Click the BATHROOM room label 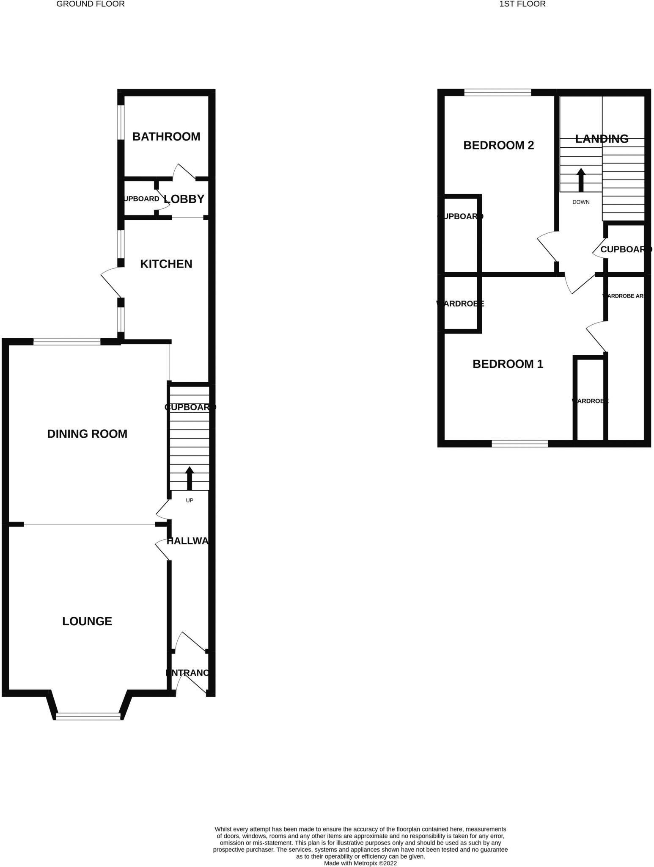pyautogui.click(x=166, y=137)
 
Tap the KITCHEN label pyautogui.click(x=166, y=264)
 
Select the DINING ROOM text pyautogui.click(x=87, y=434)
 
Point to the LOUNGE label pyautogui.click(x=87, y=621)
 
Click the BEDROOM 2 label pyautogui.click(x=498, y=146)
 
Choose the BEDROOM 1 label pyautogui.click(x=508, y=364)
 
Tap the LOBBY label pyautogui.click(x=184, y=199)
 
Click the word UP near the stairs pyautogui.click(x=190, y=500)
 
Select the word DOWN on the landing pyautogui.click(x=581, y=202)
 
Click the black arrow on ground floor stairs pyautogui.click(x=190, y=478)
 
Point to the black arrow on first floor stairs pyautogui.click(x=581, y=180)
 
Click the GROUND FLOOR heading pyautogui.click(x=91, y=4)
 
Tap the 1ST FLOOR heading pyautogui.click(x=522, y=4)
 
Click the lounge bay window pyautogui.click(x=88, y=716)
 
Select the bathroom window pyautogui.click(x=121, y=122)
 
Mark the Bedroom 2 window pyautogui.click(x=497, y=93)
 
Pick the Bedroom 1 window pyautogui.click(x=519, y=444)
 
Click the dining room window pyautogui.click(x=67, y=342)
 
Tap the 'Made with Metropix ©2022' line pyautogui.click(x=360, y=863)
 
